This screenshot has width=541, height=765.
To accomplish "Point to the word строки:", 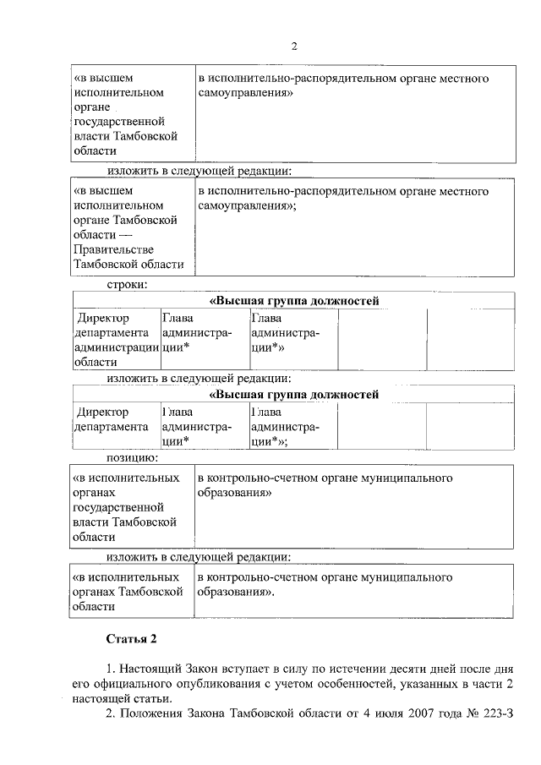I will (127, 285).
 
